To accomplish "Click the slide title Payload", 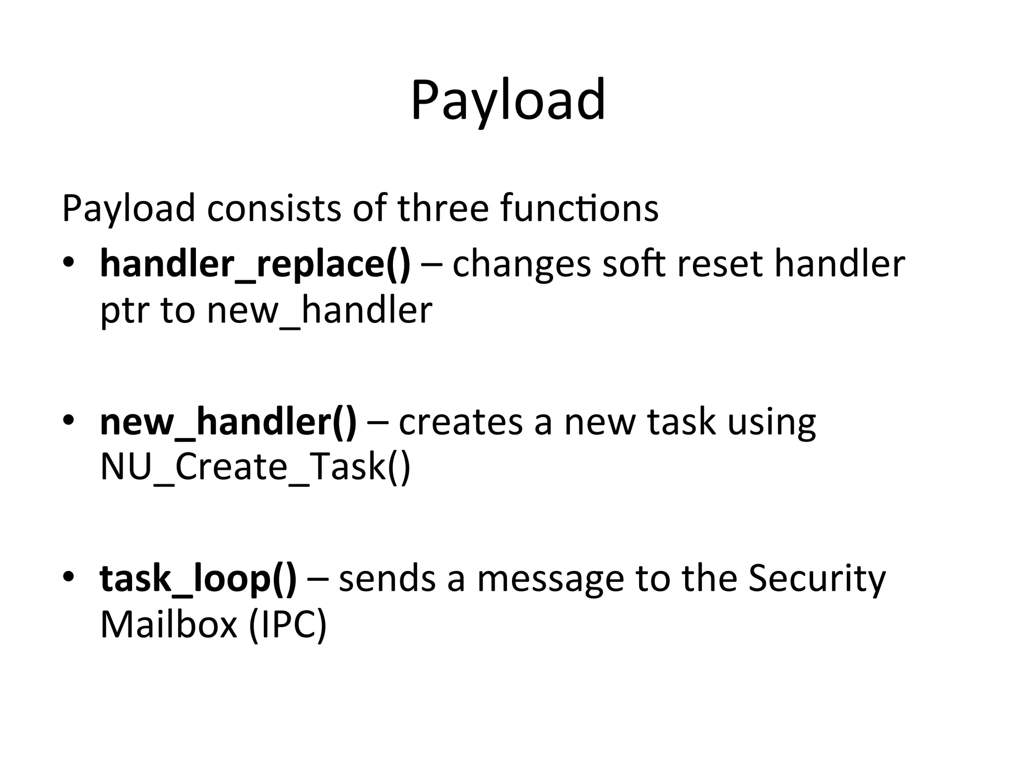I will [508, 101].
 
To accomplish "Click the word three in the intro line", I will [443, 208].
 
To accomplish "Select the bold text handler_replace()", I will [255, 264].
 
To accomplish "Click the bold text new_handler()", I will [228, 422].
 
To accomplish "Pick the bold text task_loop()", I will [198, 578].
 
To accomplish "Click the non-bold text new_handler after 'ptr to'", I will [319, 312].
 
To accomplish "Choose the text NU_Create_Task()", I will [255, 468].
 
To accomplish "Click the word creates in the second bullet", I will [460, 422].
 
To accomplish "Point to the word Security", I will [817, 578].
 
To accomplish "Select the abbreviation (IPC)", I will [288, 625].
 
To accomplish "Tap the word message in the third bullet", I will [550, 579].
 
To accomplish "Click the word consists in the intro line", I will [274, 208].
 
